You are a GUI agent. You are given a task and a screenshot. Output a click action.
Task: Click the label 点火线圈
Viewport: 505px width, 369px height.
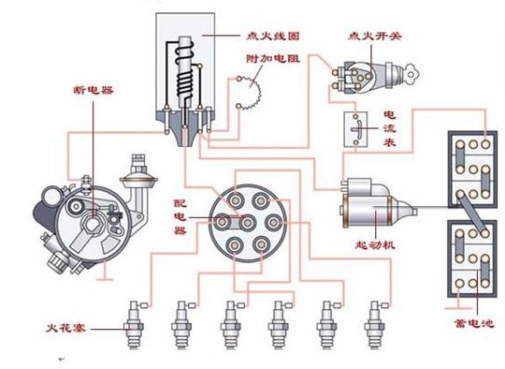273,36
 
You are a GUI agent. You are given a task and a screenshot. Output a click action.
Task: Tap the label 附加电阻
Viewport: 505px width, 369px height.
273,58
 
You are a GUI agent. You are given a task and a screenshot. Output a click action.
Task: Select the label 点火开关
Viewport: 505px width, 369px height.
375,36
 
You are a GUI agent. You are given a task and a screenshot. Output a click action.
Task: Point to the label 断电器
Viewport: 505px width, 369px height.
94,90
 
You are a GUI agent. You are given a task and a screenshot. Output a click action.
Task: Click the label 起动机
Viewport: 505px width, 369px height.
375,245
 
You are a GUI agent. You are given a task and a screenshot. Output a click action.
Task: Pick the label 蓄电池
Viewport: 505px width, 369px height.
473,323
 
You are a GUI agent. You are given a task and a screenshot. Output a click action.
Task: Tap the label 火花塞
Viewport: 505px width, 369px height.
65,329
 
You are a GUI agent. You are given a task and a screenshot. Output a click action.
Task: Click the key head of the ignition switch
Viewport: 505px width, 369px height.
411,75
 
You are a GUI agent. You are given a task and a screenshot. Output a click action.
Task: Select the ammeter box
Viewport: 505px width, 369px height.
355,129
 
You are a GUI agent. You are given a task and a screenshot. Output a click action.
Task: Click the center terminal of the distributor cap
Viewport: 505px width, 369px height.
247,223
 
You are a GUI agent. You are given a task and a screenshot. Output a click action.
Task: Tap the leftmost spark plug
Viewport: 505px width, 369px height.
134,324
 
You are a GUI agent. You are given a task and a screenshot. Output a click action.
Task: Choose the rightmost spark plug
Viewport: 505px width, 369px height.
375,324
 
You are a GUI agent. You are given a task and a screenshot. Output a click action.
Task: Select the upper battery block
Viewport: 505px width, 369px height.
473,170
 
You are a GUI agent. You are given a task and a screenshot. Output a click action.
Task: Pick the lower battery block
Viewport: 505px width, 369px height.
472,258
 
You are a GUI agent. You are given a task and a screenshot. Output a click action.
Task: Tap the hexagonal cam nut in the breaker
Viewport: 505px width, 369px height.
92,224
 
